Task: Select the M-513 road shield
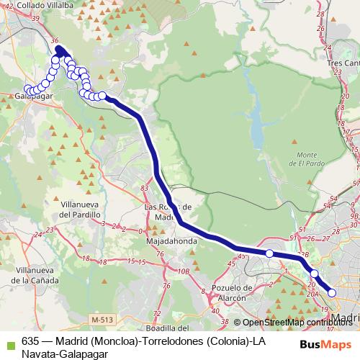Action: [104, 318]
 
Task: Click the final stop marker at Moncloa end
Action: [333, 292]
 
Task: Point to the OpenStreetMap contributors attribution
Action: [296, 322]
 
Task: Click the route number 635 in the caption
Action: [30, 342]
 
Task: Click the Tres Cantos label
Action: [343, 63]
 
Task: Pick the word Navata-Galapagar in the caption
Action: [65, 354]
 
